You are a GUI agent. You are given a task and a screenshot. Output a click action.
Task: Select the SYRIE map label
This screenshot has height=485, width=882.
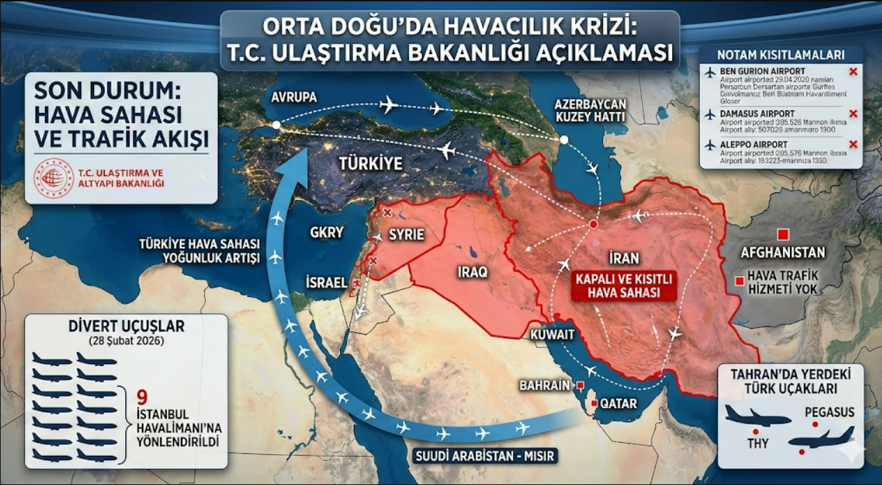[x=406, y=235]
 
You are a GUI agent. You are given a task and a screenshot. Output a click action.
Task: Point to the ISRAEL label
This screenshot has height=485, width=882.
[x=326, y=282]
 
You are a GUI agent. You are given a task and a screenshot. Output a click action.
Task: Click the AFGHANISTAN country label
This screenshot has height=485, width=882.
[x=782, y=253]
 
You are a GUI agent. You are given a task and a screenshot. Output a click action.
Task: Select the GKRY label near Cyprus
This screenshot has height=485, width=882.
[x=326, y=233]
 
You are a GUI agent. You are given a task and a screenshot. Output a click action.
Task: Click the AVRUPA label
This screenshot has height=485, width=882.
[x=294, y=98]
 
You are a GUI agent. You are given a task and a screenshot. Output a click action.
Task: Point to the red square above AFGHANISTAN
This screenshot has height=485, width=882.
[x=783, y=233]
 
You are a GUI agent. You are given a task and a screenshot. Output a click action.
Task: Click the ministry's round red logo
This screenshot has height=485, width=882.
[x=54, y=178]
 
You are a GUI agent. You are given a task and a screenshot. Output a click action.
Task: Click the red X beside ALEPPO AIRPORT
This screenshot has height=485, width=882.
[x=853, y=144]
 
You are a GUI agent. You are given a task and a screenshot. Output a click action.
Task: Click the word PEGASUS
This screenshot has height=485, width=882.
[x=829, y=412]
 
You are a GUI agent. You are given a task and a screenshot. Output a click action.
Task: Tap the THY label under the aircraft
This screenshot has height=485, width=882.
[x=759, y=443]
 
